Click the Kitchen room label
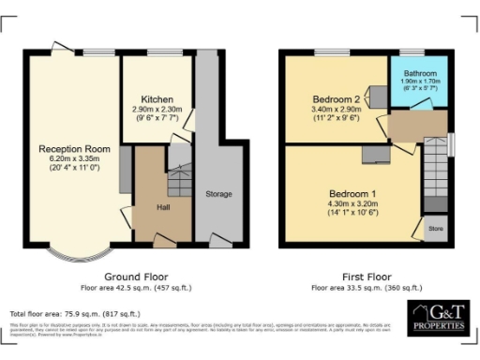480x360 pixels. [x=157, y=99]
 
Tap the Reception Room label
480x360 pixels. [x=74, y=149]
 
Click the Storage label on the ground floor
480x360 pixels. [x=218, y=193]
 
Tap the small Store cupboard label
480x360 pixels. [x=435, y=226]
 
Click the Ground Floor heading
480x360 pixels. [x=135, y=277]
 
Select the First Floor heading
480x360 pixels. [x=367, y=277]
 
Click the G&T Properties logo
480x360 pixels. [x=437, y=319]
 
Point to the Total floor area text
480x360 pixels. [x=75, y=313]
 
